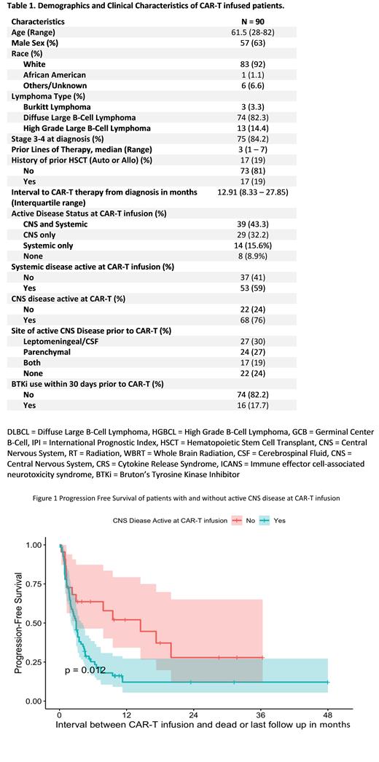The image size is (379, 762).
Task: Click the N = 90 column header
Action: [246, 22]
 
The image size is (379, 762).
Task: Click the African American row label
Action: [55, 75]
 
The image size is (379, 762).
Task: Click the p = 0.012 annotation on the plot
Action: [85, 669]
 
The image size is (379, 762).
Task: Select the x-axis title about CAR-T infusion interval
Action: [195, 725]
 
